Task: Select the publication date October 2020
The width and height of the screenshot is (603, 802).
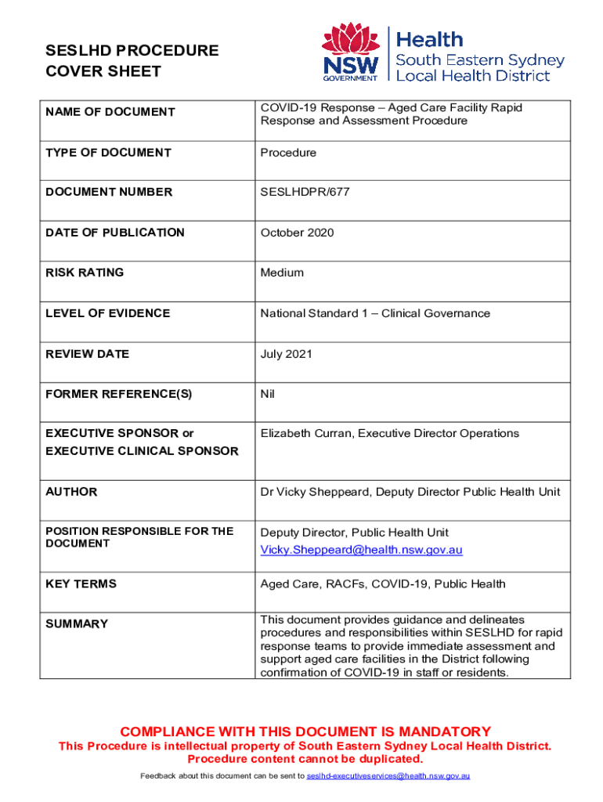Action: pos(297,233)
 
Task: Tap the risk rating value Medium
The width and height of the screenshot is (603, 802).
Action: pos(282,273)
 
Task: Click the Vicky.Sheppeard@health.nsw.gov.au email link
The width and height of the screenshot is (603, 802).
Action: pos(361,550)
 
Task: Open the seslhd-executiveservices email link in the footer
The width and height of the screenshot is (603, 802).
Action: pos(388,776)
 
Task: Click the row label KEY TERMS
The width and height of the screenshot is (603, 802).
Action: pos(81,583)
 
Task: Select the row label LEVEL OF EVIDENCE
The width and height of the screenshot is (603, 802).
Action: pos(107,313)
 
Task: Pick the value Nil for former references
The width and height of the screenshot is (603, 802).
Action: pos(268,394)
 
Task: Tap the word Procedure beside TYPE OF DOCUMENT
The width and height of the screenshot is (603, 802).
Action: pos(288,152)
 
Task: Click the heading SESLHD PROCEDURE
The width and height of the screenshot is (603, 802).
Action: pos(132,51)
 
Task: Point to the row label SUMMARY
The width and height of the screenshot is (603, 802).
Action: pos(77,623)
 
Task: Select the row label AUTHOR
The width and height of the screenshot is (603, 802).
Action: pos(71,492)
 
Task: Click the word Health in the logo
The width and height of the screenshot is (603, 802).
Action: pos(430,39)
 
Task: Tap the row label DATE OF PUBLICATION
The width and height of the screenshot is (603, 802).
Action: pos(115,233)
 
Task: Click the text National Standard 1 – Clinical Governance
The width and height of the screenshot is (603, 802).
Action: pos(375,313)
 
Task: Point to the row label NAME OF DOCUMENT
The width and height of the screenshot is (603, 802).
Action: pos(110,112)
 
